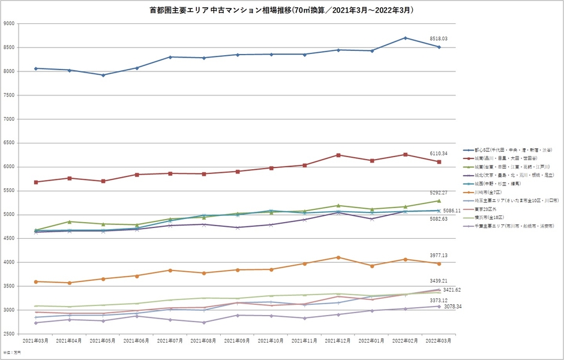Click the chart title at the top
coord(282,10)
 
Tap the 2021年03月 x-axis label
coord(35,340)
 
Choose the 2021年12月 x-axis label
coord(338,340)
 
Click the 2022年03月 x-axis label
coord(439,340)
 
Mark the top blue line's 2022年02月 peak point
coord(406,38)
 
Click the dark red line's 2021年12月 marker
coord(338,155)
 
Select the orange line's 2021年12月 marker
coord(338,257)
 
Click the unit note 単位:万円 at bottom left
coord(10,352)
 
